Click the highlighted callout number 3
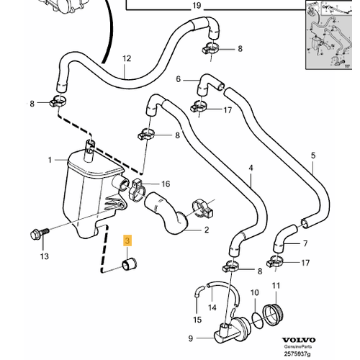point(127,240)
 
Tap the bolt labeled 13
point(40,233)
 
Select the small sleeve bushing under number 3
point(130,264)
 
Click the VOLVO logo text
point(298,340)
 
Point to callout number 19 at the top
point(197,5)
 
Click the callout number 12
point(127,58)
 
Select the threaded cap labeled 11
point(274,315)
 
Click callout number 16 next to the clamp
point(166,184)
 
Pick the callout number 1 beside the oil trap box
point(50,160)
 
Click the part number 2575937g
point(297,354)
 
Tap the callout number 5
point(313,156)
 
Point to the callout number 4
point(251,168)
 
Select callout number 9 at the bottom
point(191,338)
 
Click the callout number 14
point(212,307)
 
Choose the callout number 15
point(197,320)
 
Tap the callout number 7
point(305,243)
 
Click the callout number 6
point(178,78)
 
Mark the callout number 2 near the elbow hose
point(207,230)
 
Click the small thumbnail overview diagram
point(329,35)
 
